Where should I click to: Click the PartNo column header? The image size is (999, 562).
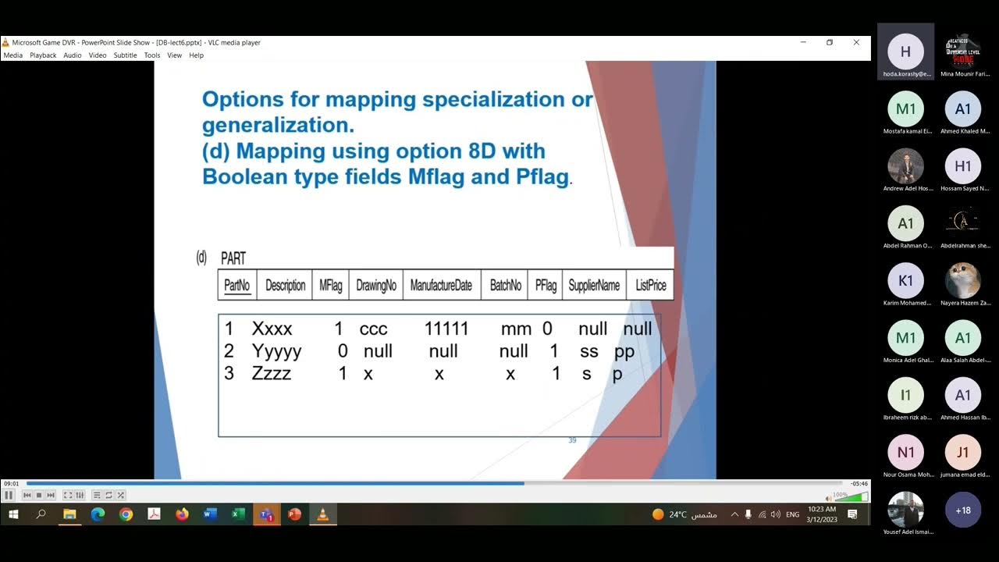[x=236, y=286]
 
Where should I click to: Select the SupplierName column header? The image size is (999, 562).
[x=594, y=286]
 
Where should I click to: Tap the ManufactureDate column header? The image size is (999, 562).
[x=441, y=286]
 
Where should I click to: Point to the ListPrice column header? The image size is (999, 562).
[x=651, y=286]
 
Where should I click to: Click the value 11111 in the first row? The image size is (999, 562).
[x=446, y=329]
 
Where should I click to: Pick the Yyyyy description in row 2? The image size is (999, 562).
[x=276, y=351]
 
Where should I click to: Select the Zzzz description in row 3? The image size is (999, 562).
[x=271, y=374]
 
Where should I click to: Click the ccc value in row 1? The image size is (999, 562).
[x=373, y=329]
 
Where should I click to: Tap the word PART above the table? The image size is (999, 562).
[x=233, y=259]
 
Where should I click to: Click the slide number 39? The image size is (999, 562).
[x=572, y=440]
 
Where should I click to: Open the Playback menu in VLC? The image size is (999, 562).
[x=43, y=55]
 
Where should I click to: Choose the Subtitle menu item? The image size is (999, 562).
[x=125, y=55]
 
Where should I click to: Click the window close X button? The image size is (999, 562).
[x=856, y=42]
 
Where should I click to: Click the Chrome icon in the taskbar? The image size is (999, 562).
[x=126, y=514]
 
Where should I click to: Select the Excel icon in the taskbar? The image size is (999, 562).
[x=238, y=514]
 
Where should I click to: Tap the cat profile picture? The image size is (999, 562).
[x=962, y=280]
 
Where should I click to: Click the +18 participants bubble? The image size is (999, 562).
[x=962, y=510]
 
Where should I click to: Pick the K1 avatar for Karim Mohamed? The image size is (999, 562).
[x=905, y=280]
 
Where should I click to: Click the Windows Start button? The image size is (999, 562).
[x=13, y=514]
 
